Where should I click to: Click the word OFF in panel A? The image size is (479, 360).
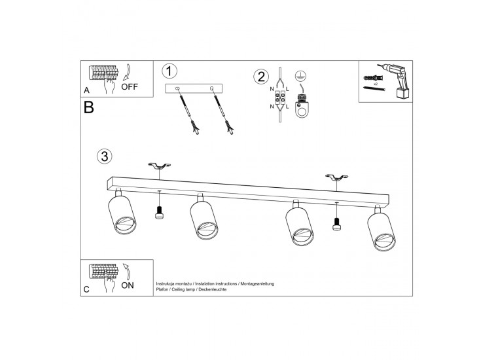click(130, 87)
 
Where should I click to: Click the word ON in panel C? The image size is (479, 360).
click(128, 285)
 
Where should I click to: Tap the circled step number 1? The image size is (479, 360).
click(169, 71)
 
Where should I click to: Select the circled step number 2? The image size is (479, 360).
click(261, 77)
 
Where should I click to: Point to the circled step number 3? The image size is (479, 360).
click(105, 156)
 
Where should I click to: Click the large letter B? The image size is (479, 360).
click(88, 107)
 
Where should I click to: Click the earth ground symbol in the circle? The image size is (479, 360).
click(301, 76)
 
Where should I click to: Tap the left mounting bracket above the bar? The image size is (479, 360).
click(159, 166)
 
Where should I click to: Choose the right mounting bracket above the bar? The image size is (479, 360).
click(336, 177)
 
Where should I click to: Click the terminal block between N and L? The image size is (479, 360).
click(280, 98)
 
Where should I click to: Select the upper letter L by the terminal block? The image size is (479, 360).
click(287, 89)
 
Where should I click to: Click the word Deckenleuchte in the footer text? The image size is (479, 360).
click(213, 289)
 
